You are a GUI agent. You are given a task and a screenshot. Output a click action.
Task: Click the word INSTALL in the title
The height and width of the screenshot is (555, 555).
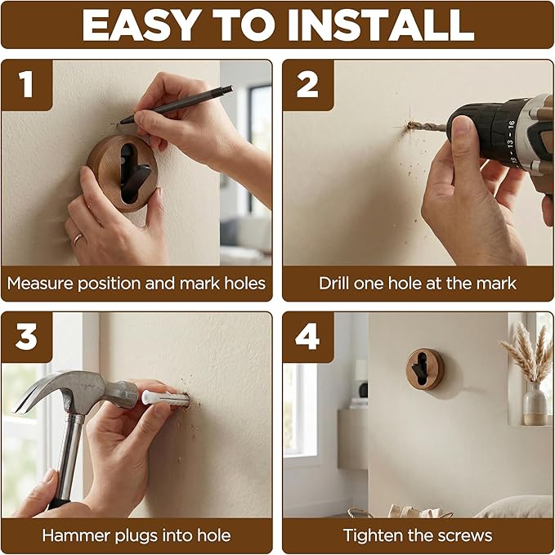[381, 25]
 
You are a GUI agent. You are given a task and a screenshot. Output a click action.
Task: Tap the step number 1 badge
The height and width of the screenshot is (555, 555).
[27, 85]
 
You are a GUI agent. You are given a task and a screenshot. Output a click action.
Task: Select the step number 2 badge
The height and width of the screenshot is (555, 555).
[308, 85]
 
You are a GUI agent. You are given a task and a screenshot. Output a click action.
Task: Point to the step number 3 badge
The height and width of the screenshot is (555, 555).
[27, 338]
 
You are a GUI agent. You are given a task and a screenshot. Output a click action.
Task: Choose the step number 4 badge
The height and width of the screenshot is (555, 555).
[308, 338]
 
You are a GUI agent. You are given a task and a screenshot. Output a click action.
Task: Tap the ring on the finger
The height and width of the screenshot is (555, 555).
[78, 239]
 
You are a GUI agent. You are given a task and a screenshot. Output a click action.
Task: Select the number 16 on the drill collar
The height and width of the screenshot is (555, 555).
[511, 124]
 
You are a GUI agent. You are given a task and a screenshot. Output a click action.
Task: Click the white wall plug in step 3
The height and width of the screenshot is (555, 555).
[165, 398]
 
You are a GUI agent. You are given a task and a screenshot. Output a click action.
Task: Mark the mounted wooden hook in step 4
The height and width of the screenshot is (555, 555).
[425, 369]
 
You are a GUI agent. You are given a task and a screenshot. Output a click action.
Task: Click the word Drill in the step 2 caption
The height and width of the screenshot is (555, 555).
[333, 284]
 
